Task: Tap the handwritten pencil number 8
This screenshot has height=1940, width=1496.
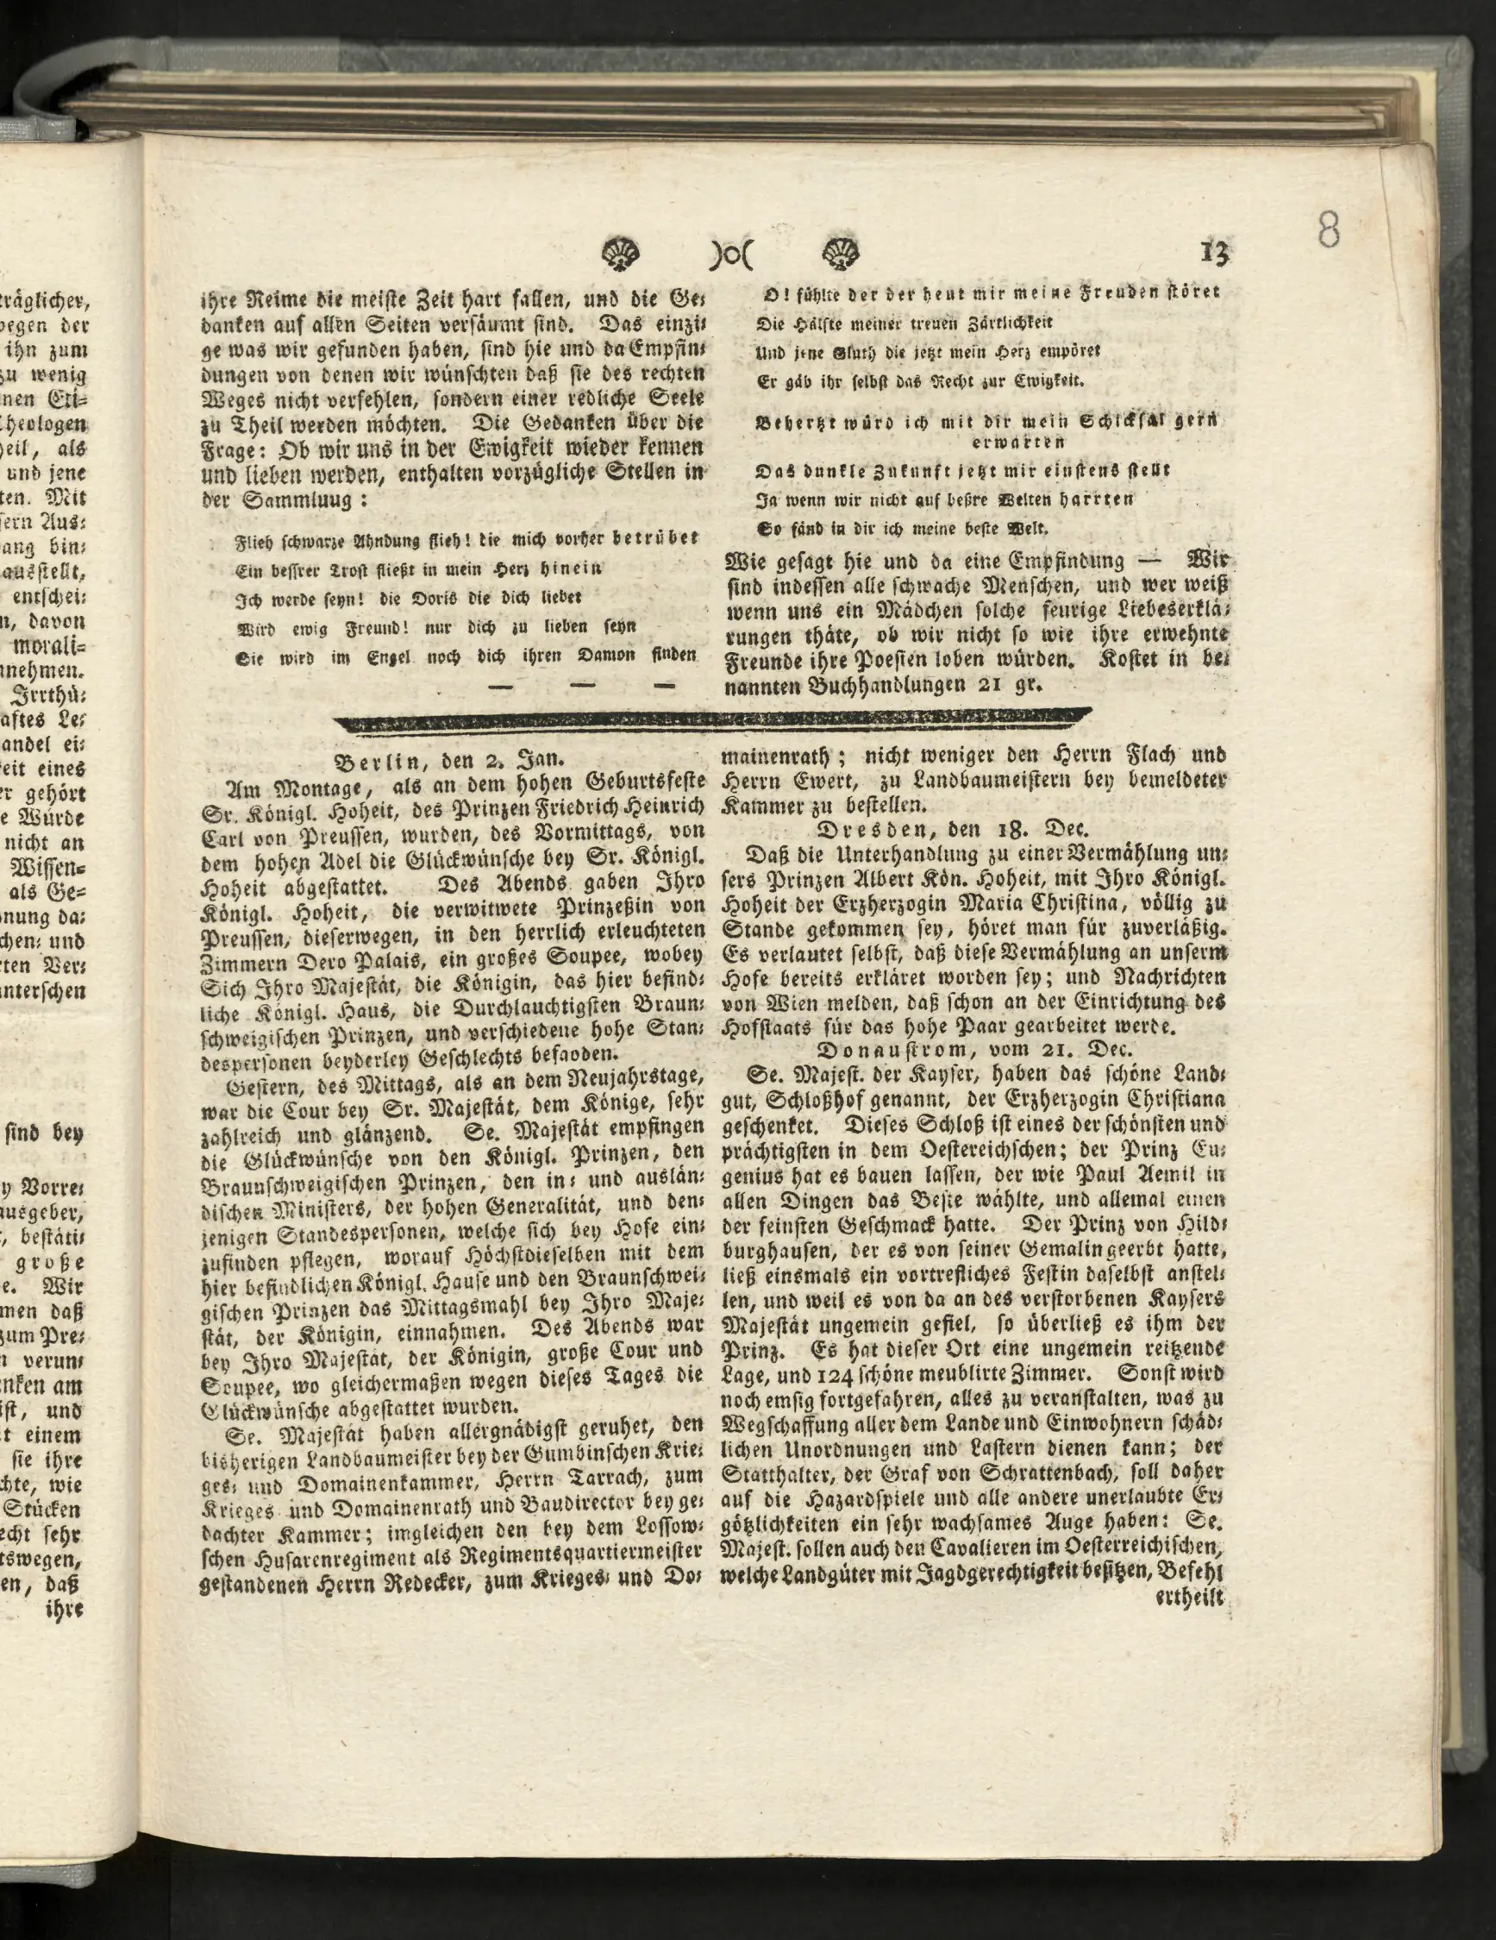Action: (x=1329, y=229)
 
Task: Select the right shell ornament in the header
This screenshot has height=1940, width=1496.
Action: (x=839, y=255)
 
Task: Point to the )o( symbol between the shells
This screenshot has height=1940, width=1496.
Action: (x=729, y=256)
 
